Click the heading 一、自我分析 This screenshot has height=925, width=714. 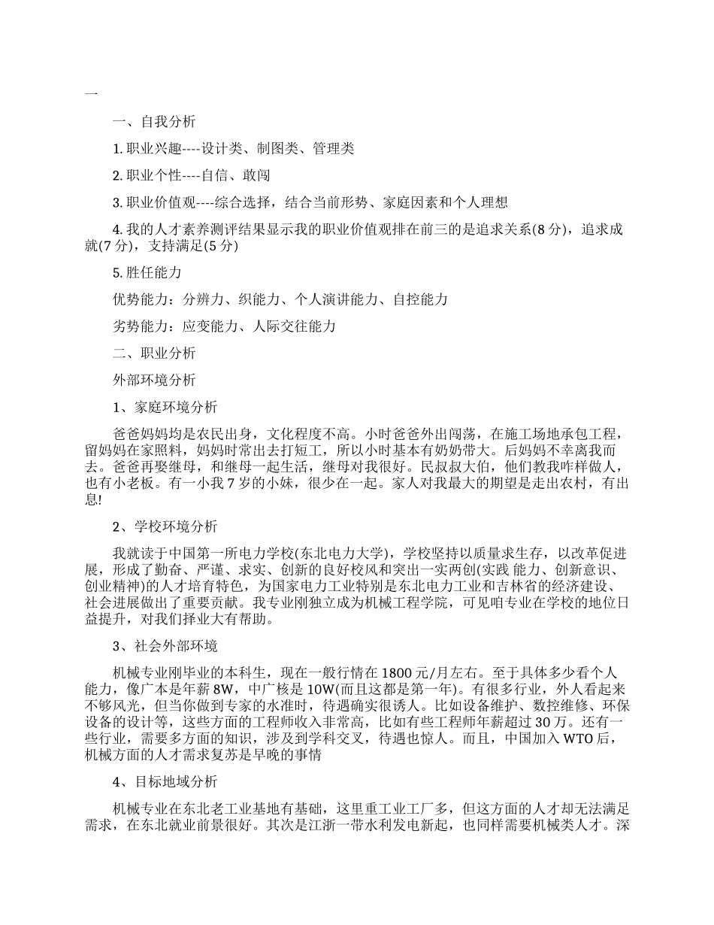click(154, 122)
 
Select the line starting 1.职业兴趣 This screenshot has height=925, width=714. click(233, 149)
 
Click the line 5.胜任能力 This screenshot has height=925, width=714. click(147, 272)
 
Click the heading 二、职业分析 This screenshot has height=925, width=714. click(154, 353)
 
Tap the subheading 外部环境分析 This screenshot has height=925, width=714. click(154, 381)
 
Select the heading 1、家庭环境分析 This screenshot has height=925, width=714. click(165, 408)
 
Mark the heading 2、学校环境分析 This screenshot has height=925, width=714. click(165, 526)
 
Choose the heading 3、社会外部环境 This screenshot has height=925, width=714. click(165, 645)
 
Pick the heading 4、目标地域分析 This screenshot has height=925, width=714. click(165, 781)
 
